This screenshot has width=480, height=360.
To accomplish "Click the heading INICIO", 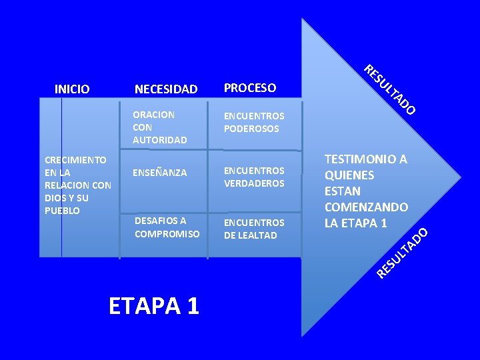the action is point(72,89).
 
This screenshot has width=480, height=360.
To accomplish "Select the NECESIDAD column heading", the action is point(166,89).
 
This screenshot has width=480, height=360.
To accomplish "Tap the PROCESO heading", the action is point(250,88).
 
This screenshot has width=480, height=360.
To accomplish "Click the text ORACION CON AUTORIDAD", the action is point(159,127).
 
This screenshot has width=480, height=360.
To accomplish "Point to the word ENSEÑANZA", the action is point(160,173).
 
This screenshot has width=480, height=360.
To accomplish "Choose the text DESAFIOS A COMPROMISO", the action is point(167,227).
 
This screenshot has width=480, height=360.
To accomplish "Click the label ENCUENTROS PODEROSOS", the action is point(254,123).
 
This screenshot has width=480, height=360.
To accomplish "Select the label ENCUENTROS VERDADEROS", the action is point(254,177).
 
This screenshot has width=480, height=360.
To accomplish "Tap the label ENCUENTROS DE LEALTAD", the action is point(254,229).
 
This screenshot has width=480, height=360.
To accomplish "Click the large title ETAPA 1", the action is point(154,305).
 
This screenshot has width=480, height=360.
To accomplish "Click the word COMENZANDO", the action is point(366,207).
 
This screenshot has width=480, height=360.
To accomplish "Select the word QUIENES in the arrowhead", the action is point(349,175).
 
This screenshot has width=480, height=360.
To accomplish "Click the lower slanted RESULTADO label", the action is point(401,253).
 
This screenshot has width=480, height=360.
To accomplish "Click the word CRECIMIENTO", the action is point(75,160).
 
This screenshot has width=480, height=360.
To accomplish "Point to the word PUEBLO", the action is point(62,211).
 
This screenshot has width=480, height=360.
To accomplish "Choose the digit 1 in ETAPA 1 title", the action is point(192,305).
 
